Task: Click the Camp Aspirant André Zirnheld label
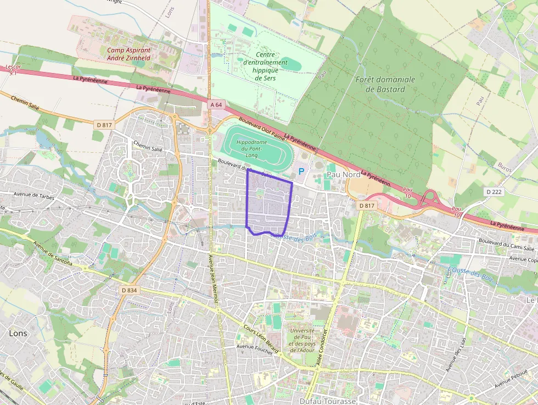pos(128,53)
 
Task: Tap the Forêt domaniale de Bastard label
pos(385,84)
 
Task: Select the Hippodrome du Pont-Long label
pos(249,148)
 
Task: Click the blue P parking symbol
pos(301,172)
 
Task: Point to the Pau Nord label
pos(344,174)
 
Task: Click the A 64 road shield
pos(216,104)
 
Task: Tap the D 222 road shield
pos(494,191)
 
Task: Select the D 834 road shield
pos(129,290)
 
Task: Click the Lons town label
pos(18,333)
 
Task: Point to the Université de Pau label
pos(301,340)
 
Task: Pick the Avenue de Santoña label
pos(52,254)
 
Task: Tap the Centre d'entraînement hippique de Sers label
pos(265,66)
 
